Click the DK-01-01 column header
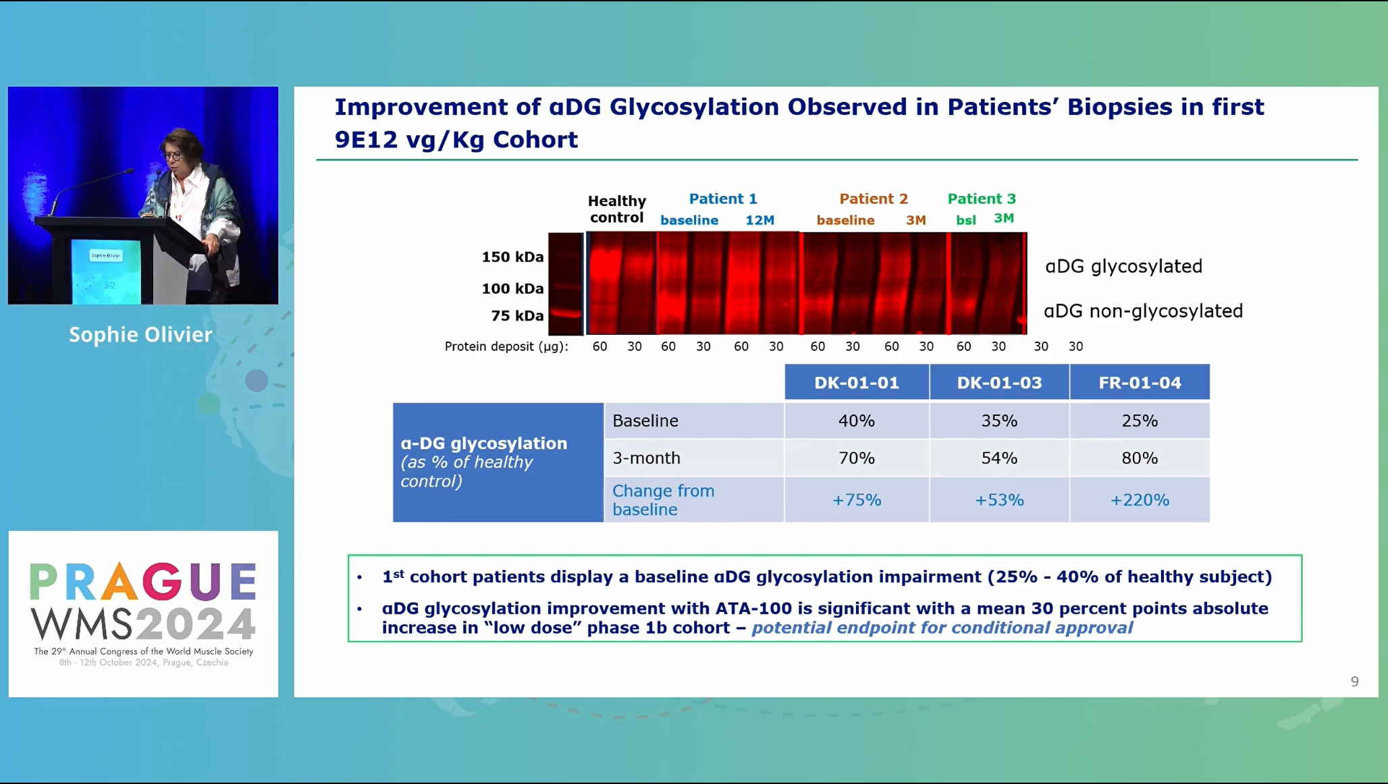point(857,382)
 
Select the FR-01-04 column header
point(1140,382)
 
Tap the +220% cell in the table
point(1140,500)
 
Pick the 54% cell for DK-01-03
point(999,458)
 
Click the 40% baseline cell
point(857,421)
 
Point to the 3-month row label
point(646,458)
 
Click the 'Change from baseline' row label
point(663,500)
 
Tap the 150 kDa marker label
point(512,257)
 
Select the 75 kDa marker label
point(517,315)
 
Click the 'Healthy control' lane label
point(617,209)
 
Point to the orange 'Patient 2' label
point(874,199)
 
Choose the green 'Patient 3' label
point(982,199)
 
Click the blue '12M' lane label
point(759,220)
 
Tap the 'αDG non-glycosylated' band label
point(1143,311)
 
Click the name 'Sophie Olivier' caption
point(140,334)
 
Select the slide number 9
point(1354,681)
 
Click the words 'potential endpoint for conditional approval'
point(942,627)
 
